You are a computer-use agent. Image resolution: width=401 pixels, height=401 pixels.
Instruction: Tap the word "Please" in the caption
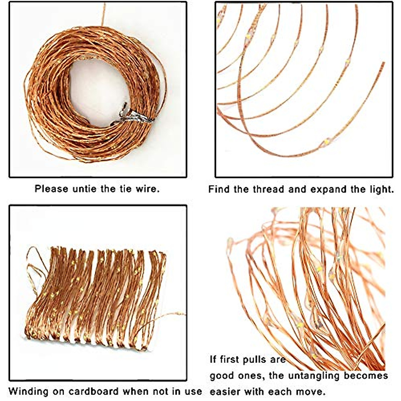tap(51, 189)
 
